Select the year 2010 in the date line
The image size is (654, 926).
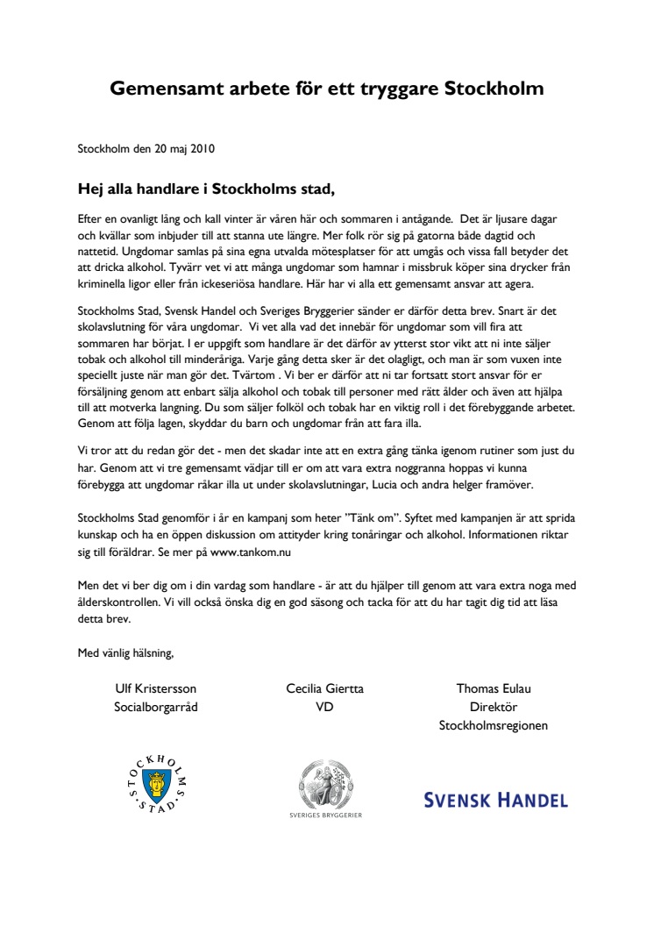point(202,148)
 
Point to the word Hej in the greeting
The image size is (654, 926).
point(92,189)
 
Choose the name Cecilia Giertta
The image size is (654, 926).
point(324,688)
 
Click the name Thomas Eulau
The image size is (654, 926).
point(494,688)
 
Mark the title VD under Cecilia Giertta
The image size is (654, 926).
point(324,707)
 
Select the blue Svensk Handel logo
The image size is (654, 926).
point(495,799)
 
